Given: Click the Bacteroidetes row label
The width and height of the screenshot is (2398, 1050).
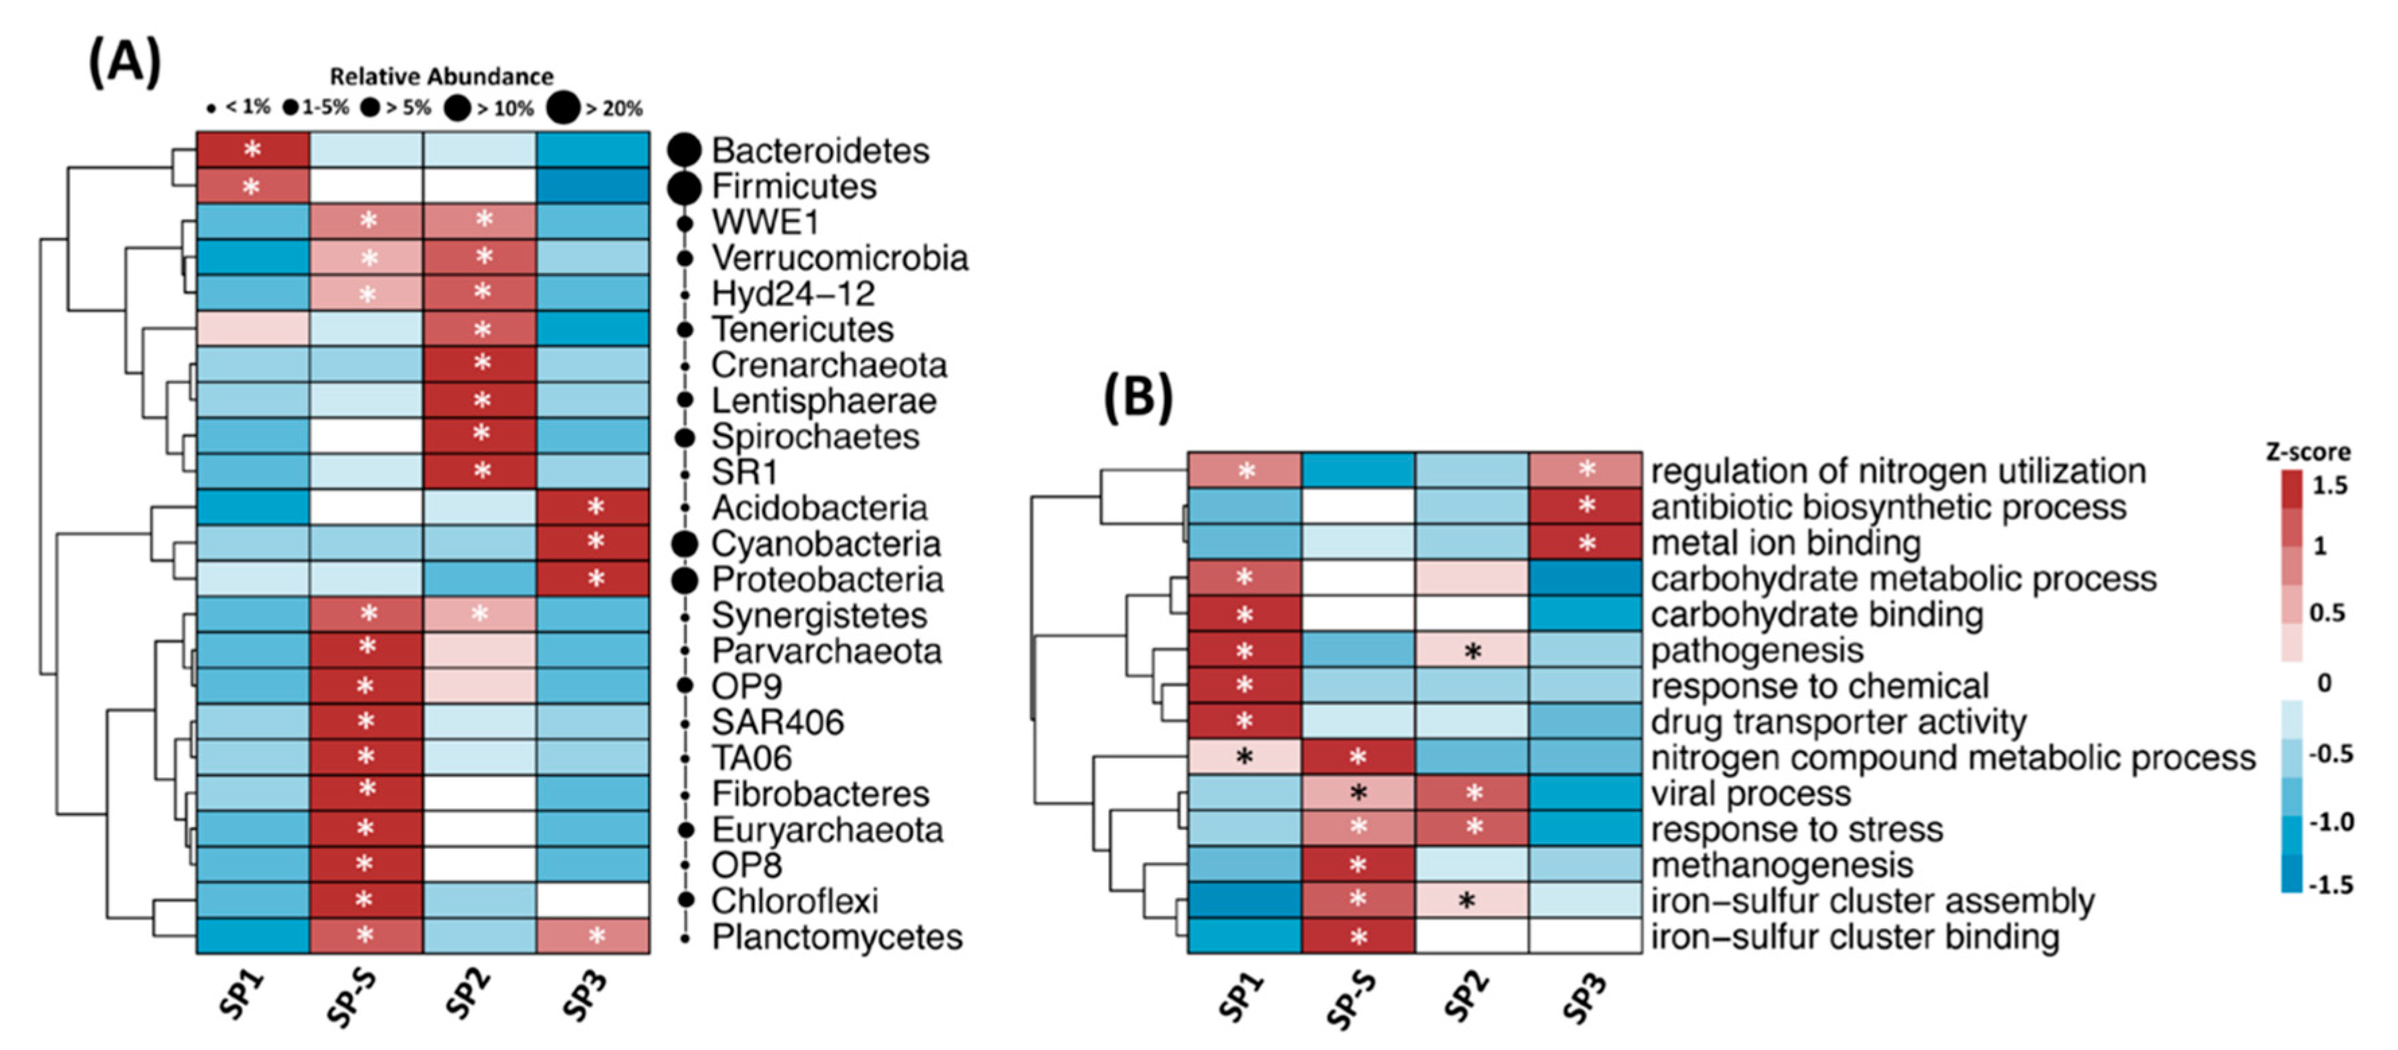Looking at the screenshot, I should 820,151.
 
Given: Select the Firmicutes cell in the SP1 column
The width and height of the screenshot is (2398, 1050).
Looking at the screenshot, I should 252,186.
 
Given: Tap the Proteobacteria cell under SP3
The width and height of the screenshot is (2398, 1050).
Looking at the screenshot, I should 593,579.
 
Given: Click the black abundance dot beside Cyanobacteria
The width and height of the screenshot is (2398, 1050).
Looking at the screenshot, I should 685,545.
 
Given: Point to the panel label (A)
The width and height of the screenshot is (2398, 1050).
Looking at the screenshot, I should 124,63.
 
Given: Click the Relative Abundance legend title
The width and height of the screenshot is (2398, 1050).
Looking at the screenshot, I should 441,76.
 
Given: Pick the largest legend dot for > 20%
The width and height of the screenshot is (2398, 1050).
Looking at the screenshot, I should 563,108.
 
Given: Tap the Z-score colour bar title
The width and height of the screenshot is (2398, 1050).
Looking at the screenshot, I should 2306,452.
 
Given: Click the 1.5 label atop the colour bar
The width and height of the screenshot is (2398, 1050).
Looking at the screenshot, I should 2329,485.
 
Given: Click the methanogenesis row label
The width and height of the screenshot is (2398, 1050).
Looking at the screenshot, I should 1782,866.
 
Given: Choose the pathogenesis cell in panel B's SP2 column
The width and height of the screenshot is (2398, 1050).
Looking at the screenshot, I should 1471,651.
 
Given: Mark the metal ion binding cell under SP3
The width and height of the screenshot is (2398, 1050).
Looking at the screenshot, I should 1585,542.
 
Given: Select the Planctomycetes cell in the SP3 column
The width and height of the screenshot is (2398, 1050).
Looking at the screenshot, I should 593,936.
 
